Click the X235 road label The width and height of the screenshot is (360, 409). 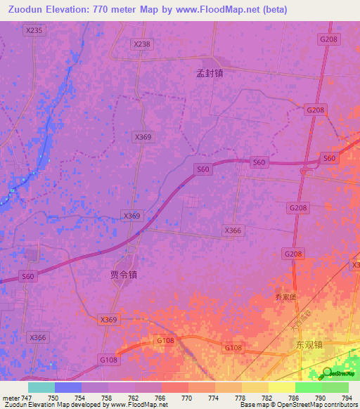pyautogui.click(x=33, y=30)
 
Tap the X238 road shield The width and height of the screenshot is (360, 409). pyautogui.click(x=141, y=44)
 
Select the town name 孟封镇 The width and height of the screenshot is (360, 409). pyautogui.click(x=210, y=72)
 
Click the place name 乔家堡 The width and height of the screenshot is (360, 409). pyautogui.click(x=285, y=297)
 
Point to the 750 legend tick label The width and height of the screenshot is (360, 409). pyautogui.click(x=54, y=398)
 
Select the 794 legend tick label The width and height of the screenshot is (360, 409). pyautogui.click(x=346, y=398)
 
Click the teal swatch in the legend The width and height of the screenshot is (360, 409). pyautogui.click(x=41, y=387)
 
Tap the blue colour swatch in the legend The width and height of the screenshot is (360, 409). pyautogui.click(x=67, y=387)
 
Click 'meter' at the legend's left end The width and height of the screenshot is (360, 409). pyautogui.click(x=12, y=398)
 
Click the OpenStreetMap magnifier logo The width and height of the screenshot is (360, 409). pyautogui.click(x=327, y=372)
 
